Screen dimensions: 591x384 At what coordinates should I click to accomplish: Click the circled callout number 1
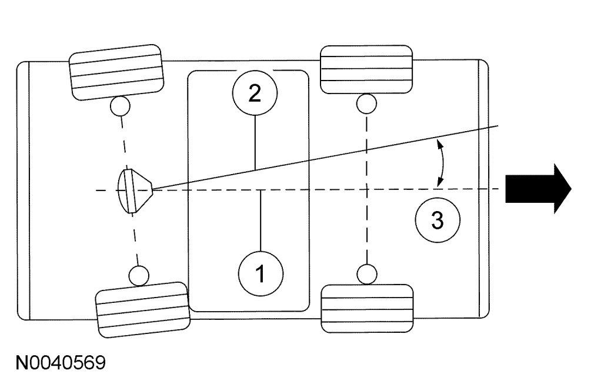(261, 273)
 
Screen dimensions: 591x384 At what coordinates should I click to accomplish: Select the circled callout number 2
(255, 93)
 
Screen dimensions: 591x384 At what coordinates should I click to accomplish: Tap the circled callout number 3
(438, 220)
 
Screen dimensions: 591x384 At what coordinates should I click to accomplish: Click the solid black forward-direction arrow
(538, 188)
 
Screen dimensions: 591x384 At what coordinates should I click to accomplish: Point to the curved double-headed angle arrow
(442, 162)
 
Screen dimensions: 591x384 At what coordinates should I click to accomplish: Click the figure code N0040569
(61, 362)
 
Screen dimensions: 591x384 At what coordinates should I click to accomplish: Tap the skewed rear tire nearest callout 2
(116, 72)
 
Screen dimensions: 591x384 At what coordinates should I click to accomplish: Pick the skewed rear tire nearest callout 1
(142, 309)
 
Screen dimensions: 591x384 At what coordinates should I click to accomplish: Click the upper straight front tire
(366, 69)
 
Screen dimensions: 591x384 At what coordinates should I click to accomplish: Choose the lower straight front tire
(367, 308)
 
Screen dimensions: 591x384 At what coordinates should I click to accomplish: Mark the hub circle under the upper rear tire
(120, 106)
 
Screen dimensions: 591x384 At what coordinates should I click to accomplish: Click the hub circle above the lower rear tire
(139, 275)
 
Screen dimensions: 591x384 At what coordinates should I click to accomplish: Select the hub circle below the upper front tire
(366, 103)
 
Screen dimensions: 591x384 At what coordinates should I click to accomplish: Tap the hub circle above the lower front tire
(367, 274)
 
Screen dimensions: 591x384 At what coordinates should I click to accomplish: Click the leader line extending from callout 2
(255, 142)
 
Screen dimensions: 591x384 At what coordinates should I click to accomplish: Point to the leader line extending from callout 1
(261, 221)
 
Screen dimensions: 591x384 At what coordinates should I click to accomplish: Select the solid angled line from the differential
(325, 157)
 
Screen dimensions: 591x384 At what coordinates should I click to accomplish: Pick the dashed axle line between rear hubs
(129, 191)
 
